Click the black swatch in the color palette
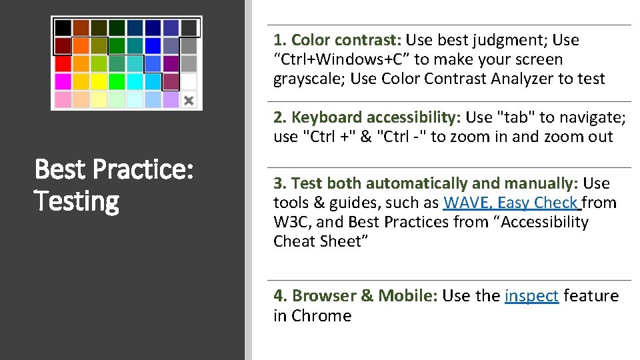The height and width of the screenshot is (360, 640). [x=63, y=27]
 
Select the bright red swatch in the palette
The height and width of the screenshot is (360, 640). [x=63, y=63]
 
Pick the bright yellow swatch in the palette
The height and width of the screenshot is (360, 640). [x=99, y=81]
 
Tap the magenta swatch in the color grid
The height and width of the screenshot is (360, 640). [x=63, y=81]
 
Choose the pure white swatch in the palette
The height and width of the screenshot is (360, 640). [x=189, y=81]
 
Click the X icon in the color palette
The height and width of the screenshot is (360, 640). [x=189, y=100]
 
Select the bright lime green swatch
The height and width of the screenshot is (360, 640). [x=117, y=81]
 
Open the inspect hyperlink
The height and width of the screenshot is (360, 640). [x=531, y=296]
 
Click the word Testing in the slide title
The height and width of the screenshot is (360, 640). [x=77, y=201]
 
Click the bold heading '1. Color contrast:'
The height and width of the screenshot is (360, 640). [x=337, y=40]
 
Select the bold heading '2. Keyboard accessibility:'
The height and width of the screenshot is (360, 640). [x=367, y=118]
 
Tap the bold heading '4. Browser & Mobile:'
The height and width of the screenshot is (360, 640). [x=355, y=296]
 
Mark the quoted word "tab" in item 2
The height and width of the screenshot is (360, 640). [x=516, y=118]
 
